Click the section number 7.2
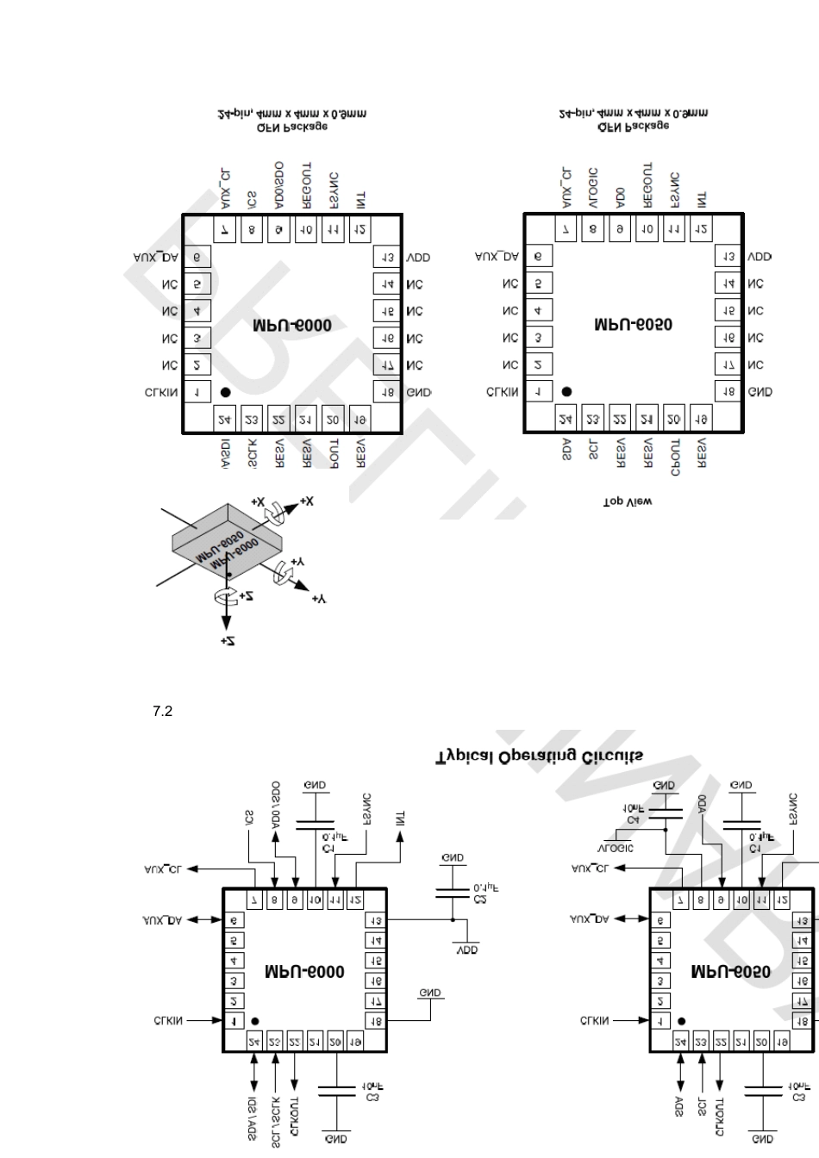click(x=163, y=712)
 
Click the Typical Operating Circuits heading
click(x=539, y=756)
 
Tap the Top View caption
click(x=627, y=501)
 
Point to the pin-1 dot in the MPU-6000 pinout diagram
click(x=225, y=392)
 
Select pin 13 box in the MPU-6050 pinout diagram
click(x=728, y=257)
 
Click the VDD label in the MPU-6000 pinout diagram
click(x=418, y=257)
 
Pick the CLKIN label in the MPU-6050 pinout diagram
click(x=503, y=392)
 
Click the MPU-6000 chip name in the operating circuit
click(x=304, y=972)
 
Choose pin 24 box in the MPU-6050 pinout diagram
click(x=566, y=420)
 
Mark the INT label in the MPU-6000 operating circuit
click(x=399, y=818)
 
